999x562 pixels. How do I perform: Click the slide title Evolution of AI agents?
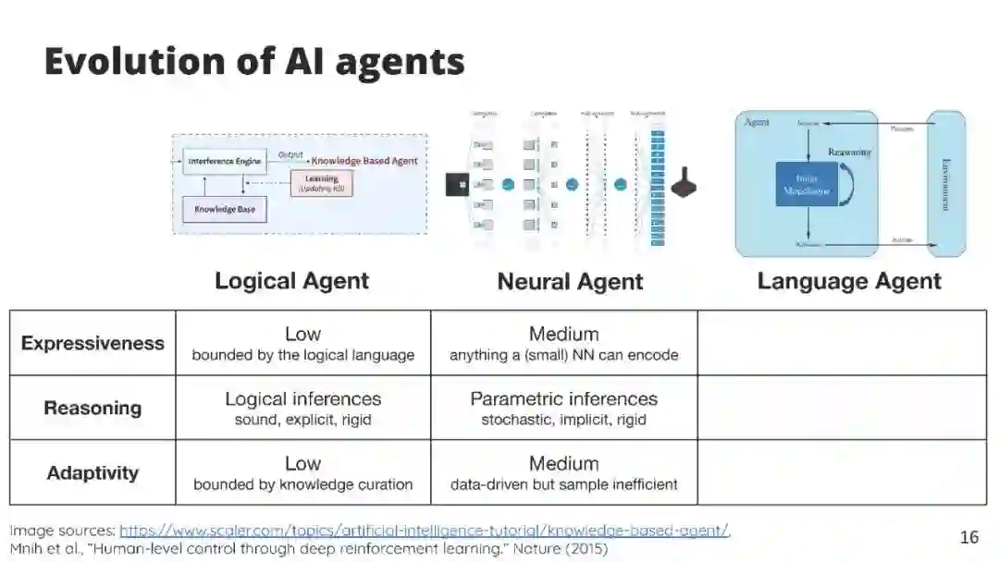point(253,61)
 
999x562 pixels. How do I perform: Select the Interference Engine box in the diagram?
point(225,161)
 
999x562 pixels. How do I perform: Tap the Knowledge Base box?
point(224,209)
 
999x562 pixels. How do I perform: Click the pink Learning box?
point(322,182)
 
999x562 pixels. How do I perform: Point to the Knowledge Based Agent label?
point(364,160)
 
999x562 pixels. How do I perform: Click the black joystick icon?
point(684,183)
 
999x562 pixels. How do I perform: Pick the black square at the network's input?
point(457,184)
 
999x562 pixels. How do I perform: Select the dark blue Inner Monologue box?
point(806,184)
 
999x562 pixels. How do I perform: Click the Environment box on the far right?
point(945,183)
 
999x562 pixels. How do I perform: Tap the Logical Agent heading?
point(291,281)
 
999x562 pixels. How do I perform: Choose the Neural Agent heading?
point(570,282)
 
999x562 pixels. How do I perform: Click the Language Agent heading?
point(848,281)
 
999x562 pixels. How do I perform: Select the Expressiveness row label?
point(92,343)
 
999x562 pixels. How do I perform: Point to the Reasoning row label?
point(92,408)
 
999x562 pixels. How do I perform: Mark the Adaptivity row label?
point(92,472)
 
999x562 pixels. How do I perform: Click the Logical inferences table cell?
point(302,408)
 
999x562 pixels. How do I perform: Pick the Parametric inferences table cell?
point(563,408)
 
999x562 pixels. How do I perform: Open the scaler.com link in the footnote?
point(424,531)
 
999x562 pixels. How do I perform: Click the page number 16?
point(968,537)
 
